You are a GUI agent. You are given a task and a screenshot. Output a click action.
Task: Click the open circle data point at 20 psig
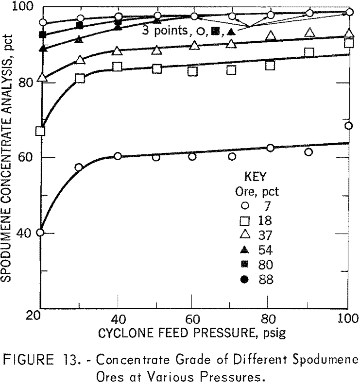point(40,233)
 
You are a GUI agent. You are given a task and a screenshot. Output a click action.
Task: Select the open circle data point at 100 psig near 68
point(348,126)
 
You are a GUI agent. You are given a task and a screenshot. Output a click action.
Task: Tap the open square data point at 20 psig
point(40,131)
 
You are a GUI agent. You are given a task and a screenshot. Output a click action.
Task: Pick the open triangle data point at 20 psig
point(41,78)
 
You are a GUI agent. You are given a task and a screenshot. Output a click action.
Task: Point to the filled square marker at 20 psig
point(43,35)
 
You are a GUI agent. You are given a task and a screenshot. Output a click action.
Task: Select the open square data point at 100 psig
point(348,43)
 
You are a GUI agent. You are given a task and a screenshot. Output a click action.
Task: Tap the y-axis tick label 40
point(28,233)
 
